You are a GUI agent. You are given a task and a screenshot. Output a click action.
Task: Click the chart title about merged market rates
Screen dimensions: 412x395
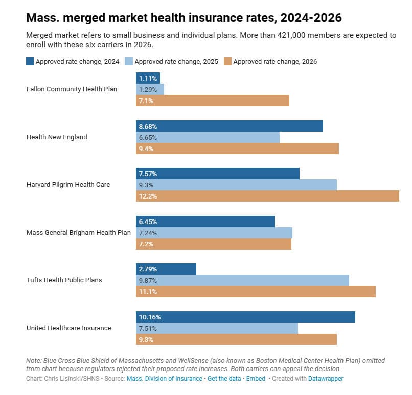coord(184,18)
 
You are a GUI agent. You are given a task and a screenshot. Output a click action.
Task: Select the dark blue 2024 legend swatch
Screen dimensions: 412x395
coord(30,61)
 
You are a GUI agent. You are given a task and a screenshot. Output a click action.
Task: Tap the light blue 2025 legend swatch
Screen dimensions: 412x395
coord(129,61)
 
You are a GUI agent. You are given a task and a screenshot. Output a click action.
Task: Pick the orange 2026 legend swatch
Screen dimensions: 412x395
coord(227,61)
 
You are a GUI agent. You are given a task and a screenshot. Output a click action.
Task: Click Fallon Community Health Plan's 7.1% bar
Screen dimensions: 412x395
coord(213,101)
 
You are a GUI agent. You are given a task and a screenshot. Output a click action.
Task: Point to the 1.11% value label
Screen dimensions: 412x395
coord(148,79)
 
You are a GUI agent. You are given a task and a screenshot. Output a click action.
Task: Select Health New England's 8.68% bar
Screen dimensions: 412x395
coord(230,126)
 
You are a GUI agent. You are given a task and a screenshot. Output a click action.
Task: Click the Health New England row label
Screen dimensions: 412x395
coord(57,137)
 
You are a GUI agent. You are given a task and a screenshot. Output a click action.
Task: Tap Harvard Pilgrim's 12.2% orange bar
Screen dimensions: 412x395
coord(267,196)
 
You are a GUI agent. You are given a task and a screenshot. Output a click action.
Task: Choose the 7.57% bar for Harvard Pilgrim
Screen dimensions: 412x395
coord(218,174)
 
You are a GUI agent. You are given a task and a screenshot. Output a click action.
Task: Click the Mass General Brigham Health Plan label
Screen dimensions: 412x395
coord(79,233)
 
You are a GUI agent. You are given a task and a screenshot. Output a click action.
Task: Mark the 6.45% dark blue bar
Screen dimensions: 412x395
coord(205,221)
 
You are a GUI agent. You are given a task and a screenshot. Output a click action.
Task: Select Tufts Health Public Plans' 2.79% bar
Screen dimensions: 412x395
coord(166,269)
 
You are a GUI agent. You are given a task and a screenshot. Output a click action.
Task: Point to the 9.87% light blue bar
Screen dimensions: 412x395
coord(242,280)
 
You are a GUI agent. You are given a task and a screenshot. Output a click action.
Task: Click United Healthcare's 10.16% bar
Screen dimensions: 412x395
coord(245,317)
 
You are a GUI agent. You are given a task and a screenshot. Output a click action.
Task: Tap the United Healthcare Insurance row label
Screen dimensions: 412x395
coord(69,328)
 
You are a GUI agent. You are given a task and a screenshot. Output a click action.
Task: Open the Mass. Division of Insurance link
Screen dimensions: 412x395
coord(165,379)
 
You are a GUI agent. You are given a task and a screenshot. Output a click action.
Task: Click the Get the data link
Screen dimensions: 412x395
coord(224,379)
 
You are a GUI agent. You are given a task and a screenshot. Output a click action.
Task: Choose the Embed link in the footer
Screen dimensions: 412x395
coord(256,379)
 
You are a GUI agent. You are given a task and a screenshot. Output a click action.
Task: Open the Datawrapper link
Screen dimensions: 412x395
coord(326,379)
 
